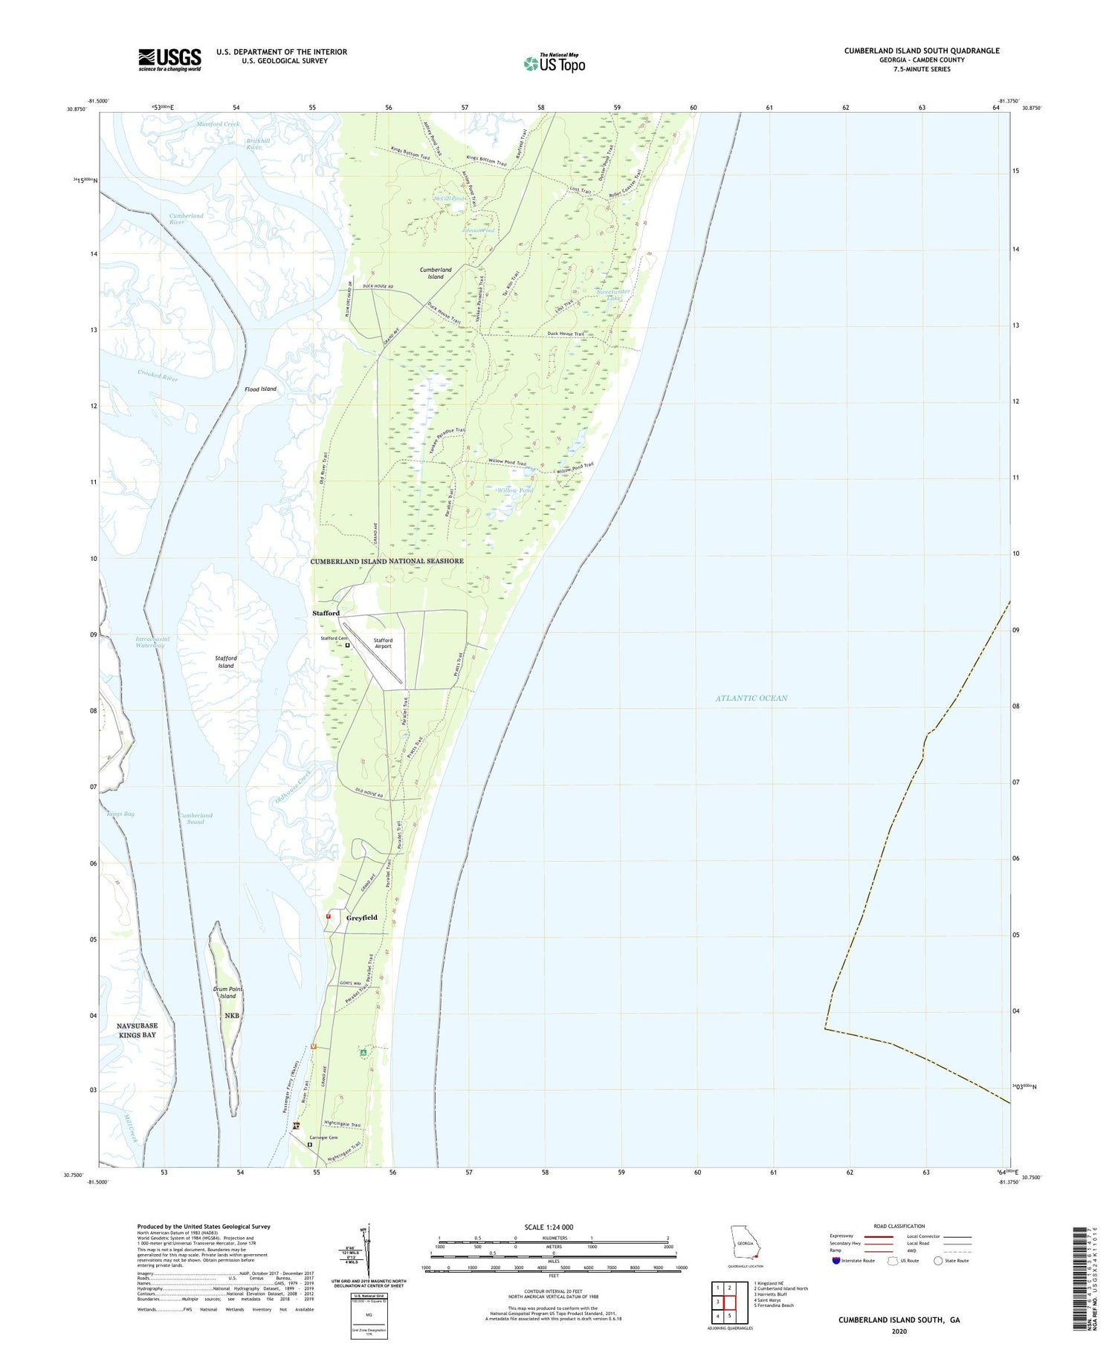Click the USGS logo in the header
(169, 59)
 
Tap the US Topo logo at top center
(554, 63)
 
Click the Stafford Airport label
(383, 643)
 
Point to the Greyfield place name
(362, 918)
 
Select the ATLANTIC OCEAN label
(751, 698)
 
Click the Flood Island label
(260, 389)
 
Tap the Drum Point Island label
(227, 993)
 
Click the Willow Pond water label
(515, 490)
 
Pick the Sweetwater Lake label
(613, 295)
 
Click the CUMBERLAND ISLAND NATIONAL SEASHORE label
(387, 561)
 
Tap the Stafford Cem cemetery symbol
(347, 646)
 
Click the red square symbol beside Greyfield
(328, 916)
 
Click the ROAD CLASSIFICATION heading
(899, 1226)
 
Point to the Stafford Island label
(226, 661)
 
